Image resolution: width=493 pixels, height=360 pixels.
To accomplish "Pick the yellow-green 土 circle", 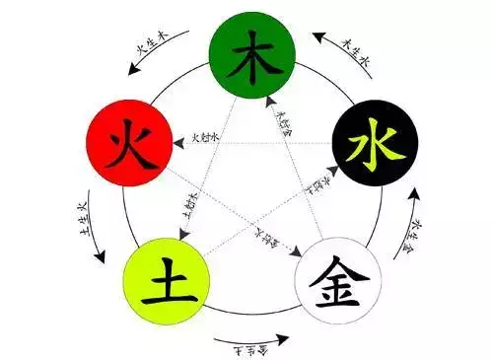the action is [x=162, y=276].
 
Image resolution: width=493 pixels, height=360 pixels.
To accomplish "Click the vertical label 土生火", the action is [x=81, y=219].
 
